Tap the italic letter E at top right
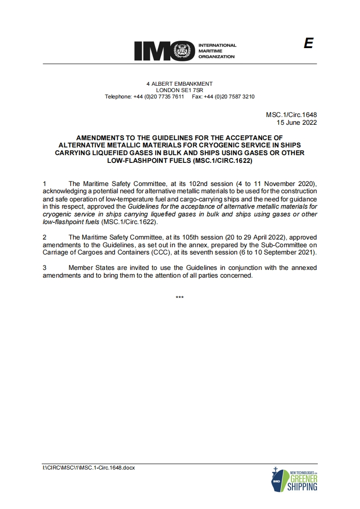click(x=309, y=44)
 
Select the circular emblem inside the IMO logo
click(x=185, y=51)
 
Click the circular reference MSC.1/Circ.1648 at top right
click(x=291, y=115)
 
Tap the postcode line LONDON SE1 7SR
click(x=179, y=90)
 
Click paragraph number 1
click(x=44, y=184)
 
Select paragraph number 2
click(x=44, y=237)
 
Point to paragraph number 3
click(x=44, y=268)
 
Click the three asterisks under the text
click(x=179, y=298)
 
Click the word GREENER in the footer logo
click(x=303, y=480)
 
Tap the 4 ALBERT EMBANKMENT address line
click(x=179, y=84)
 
